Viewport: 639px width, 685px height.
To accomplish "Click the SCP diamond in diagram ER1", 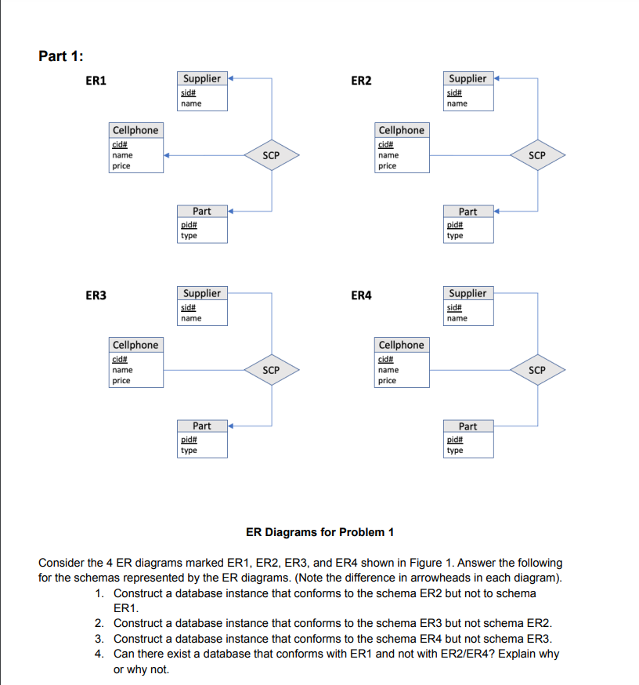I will [x=271, y=155].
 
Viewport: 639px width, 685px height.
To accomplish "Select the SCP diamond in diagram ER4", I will [x=536, y=369].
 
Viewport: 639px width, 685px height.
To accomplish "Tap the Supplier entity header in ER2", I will [x=468, y=78].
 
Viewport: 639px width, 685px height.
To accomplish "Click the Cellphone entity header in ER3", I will [x=135, y=345].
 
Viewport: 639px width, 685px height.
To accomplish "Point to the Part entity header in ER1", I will [x=202, y=211].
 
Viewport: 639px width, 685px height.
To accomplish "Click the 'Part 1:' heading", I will [x=61, y=56].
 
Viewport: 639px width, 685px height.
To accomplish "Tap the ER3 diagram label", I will [x=96, y=295].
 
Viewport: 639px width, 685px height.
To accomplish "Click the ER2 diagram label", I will [x=361, y=81].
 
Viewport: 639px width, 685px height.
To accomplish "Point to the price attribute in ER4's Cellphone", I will [x=387, y=380].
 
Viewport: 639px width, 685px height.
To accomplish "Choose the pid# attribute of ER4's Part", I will [x=455, y=440].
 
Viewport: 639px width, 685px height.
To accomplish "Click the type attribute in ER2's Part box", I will [x=454, y=235].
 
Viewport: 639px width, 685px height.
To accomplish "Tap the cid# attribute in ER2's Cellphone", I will [x=386, y=144].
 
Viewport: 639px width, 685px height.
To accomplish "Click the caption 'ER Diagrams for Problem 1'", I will [x=319, y=532].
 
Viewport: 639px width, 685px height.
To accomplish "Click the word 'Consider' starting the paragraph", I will [x=62, y=563].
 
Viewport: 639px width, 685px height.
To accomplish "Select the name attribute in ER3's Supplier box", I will [x=190, y=318].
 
